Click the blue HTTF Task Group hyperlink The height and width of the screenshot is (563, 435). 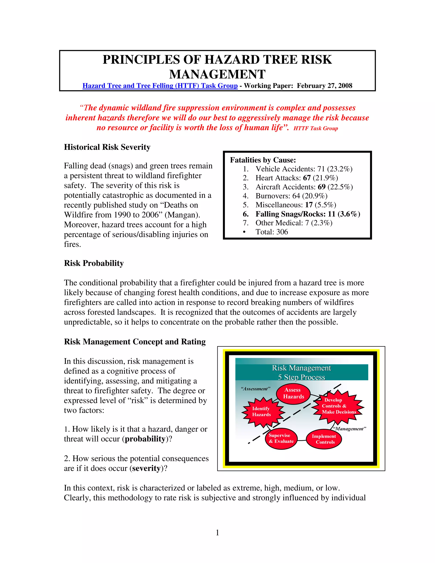(x=160, y=86)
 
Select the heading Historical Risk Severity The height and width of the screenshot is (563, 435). (x=107, y=147)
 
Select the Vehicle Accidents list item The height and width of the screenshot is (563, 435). (x=304, y=169)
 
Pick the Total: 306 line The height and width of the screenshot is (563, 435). (x=271, y=232)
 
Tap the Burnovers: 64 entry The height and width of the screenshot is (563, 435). (x=291, y=196)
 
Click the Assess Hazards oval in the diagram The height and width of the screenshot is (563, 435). (x=293, y=393)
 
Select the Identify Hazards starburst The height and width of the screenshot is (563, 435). (x=261, y=412)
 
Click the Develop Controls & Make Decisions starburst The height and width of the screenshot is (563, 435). (x=338, y=406)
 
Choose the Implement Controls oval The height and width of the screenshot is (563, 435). (x=324, y=439)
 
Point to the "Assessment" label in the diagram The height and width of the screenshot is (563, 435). (x=255, y=389)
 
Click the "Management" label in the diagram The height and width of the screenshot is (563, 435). (x=349, y=429)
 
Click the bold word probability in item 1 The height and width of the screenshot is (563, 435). (x=145, y=439)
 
